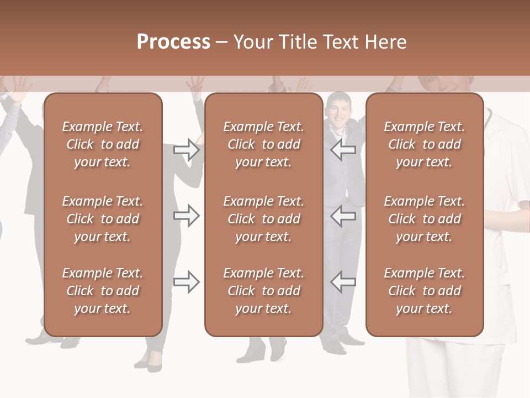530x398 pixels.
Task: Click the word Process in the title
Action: point(173,42)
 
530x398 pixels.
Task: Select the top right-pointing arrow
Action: point(187,150)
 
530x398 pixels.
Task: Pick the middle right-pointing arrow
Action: point(187,216)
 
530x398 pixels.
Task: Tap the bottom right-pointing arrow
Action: point(187,282)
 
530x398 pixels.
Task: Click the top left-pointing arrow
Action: point(343,150)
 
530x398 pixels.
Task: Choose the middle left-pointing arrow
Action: point(343,216)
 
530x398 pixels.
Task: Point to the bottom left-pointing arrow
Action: point(343,282)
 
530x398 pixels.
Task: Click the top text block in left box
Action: point(103,144)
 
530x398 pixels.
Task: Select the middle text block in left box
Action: point(103,219)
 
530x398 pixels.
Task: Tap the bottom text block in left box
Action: point(103,291)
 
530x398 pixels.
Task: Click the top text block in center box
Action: point(263,144)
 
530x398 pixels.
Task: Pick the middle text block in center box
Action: point(263,219)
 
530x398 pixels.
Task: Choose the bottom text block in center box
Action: point(263,291)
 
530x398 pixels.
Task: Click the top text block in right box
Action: point(425,144)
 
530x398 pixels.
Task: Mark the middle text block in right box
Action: point(425,219)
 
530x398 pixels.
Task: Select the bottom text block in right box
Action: point(425,291)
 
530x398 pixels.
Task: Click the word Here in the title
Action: point(386,42)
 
